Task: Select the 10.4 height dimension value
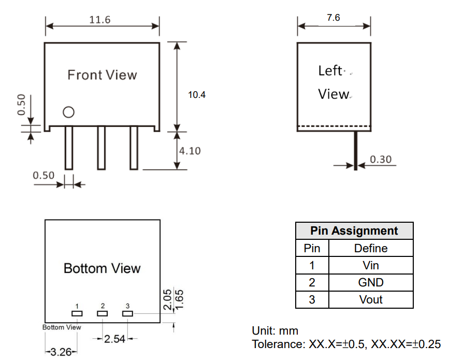pos(197,95)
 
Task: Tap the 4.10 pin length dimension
pos(190,151)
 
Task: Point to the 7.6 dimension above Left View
pos(334,18)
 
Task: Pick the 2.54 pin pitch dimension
pos(114,339)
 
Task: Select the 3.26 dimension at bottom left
pos(61,352)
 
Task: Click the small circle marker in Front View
pos(68,112)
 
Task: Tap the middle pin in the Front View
pos(102,148)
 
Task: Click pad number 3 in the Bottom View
pos(127,313)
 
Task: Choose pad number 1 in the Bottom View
pos(77,313)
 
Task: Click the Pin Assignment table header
pos(354,231)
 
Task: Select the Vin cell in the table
pos(371,265)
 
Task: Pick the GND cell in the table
pos(371,282)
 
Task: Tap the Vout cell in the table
pos(371,299)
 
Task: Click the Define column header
pos(371,248)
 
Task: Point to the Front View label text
pos(102,75)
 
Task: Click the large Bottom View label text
pos(102,268)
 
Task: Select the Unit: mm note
pos(275,330)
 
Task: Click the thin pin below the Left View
pos(356,150)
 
